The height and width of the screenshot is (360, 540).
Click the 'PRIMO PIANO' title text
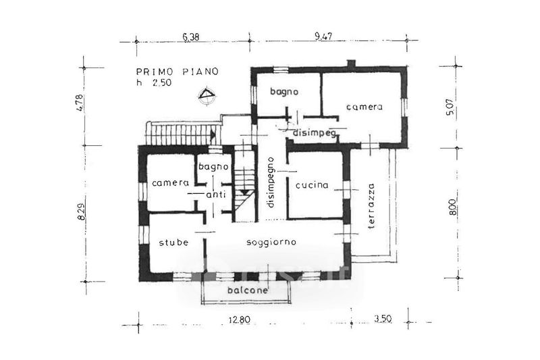pyautogui.click(x=178, y=72)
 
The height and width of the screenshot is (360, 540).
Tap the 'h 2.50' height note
pyautogui.click(x=154, y=82)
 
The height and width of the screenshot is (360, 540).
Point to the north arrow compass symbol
pyautogui.click(x=207, y=95)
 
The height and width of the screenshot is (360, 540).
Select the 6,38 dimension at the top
pyautogui.click(x=191, y=36)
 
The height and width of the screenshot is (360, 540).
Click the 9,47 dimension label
pyautogui.click(x=323, y=36)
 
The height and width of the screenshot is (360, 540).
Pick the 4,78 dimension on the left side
pyautogui.click(x=80, y=103)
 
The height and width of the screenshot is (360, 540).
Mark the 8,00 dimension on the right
pyautogui.click(x=452, y=207)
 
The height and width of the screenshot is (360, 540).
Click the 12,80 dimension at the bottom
pyautogui.click(x=240, y=319)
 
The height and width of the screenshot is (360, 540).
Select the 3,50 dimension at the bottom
pyautogui.click(x=383, y=319)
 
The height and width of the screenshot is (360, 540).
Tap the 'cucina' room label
pyautogui.click(x=312, y=185)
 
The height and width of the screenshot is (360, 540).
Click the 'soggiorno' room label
pyautogui.click(x=271, y=242)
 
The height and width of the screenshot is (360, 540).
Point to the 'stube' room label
pyautogui.click(x=173, y=242)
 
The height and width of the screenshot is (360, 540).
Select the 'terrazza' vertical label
pyautogui.click(x=371, y=207)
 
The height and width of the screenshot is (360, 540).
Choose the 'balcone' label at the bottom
pyautogui.click(x=248, y=290)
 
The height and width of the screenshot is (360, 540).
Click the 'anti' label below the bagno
pyautogui.click(x=216, y=195)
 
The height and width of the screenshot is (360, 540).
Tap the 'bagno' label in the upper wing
pyautogui.click(x=284, y=92)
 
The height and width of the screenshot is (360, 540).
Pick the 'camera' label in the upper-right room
pyautogui.click(x=364, y=107)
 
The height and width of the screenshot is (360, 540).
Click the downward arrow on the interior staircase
pyautogui.click(x=245, y=192)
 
